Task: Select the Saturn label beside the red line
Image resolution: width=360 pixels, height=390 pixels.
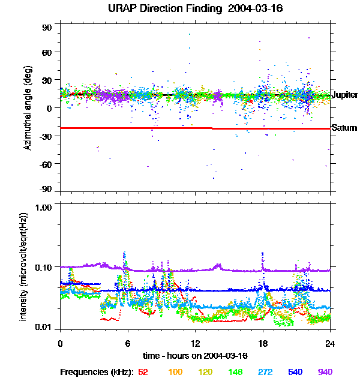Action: (344, 128)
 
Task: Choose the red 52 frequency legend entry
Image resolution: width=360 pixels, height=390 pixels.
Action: (143, 373)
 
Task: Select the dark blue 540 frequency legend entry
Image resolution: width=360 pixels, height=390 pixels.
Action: (295, 373)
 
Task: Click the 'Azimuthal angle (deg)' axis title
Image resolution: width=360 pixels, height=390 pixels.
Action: (28, 109)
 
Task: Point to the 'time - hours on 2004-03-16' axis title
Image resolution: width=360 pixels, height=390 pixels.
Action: (195, 356)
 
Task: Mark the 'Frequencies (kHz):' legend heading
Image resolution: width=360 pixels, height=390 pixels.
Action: (97, 373)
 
